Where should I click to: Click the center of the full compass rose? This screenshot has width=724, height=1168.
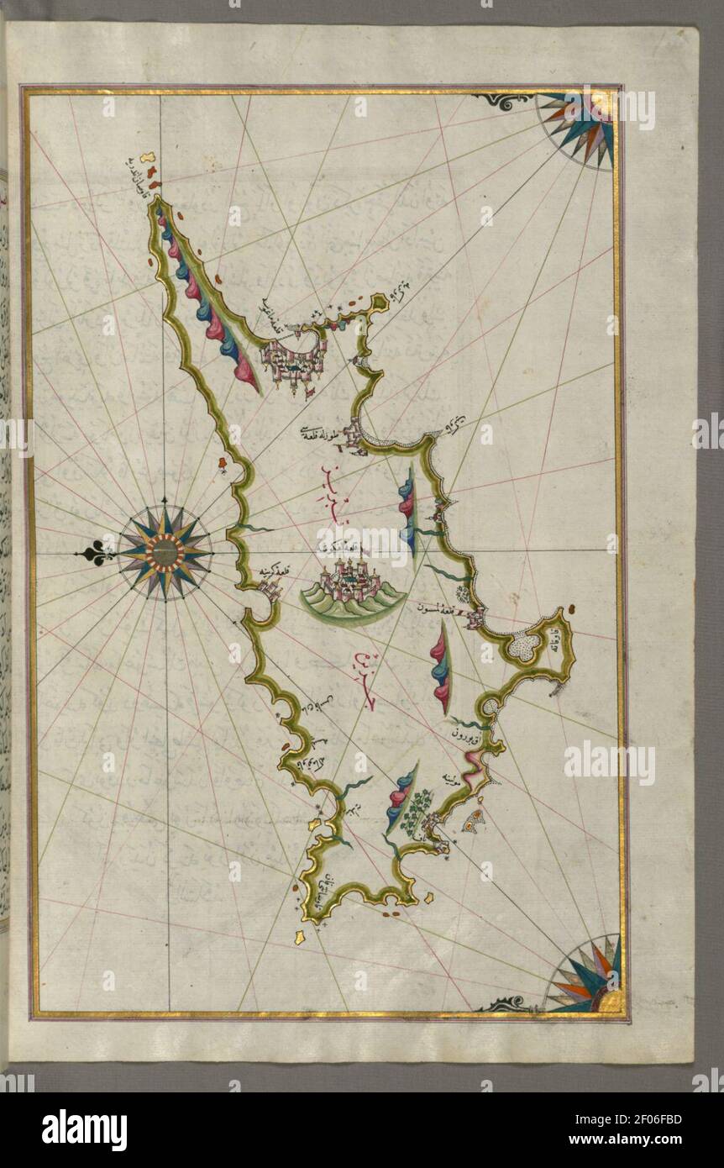click(x=165, y=552)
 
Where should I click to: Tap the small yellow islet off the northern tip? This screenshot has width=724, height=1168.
click(x=148, y=156)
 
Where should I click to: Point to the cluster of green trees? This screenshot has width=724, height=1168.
click(x=417, y=810)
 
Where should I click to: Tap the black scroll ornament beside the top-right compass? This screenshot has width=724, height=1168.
click(x=502, y=102)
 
